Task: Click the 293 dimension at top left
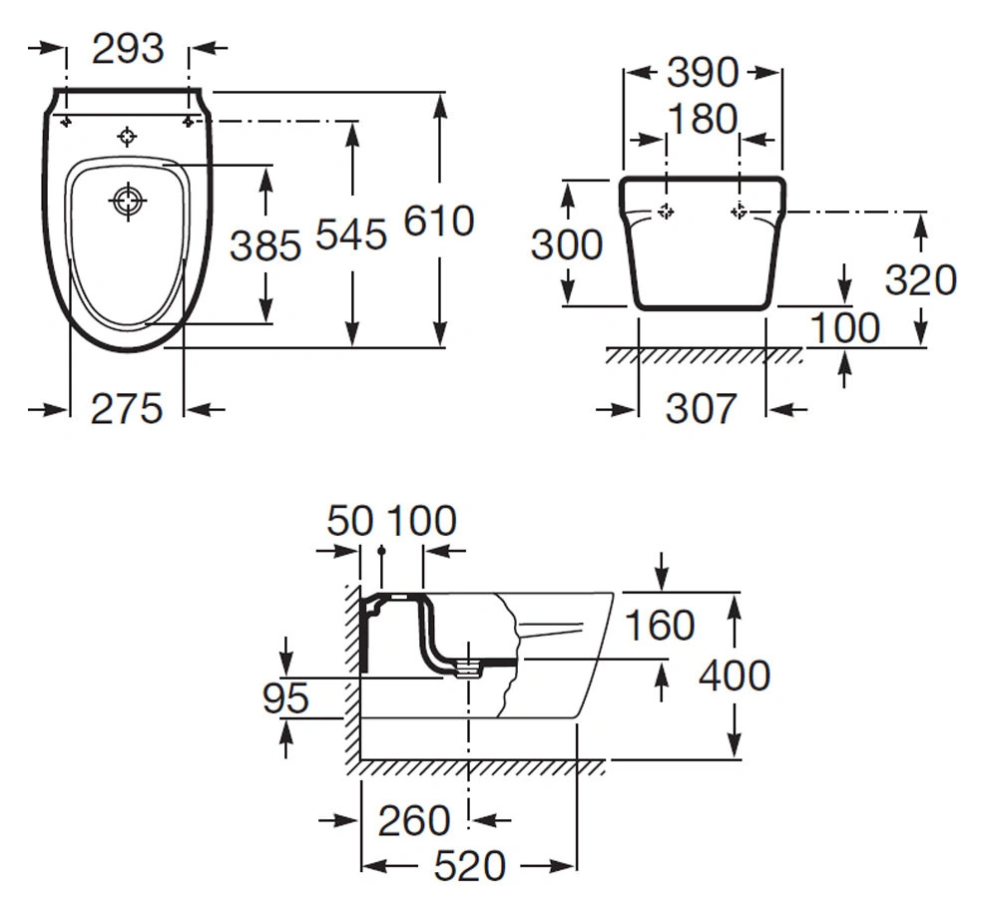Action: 128,49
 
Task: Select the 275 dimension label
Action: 127,408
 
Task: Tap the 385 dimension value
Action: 265,245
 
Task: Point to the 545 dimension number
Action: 350,234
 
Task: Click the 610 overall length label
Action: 439,221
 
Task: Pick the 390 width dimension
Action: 703,73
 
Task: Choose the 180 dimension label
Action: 703,119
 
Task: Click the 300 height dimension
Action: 567,244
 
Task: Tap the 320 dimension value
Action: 921,279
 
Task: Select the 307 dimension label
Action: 701,408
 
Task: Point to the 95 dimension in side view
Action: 285,698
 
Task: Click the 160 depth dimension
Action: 660,625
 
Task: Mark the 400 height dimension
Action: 735,676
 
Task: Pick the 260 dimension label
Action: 413,820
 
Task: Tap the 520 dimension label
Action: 470,865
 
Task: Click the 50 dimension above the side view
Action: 350,521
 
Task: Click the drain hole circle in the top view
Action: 128,202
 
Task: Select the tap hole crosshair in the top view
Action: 127,136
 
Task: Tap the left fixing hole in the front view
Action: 666,212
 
